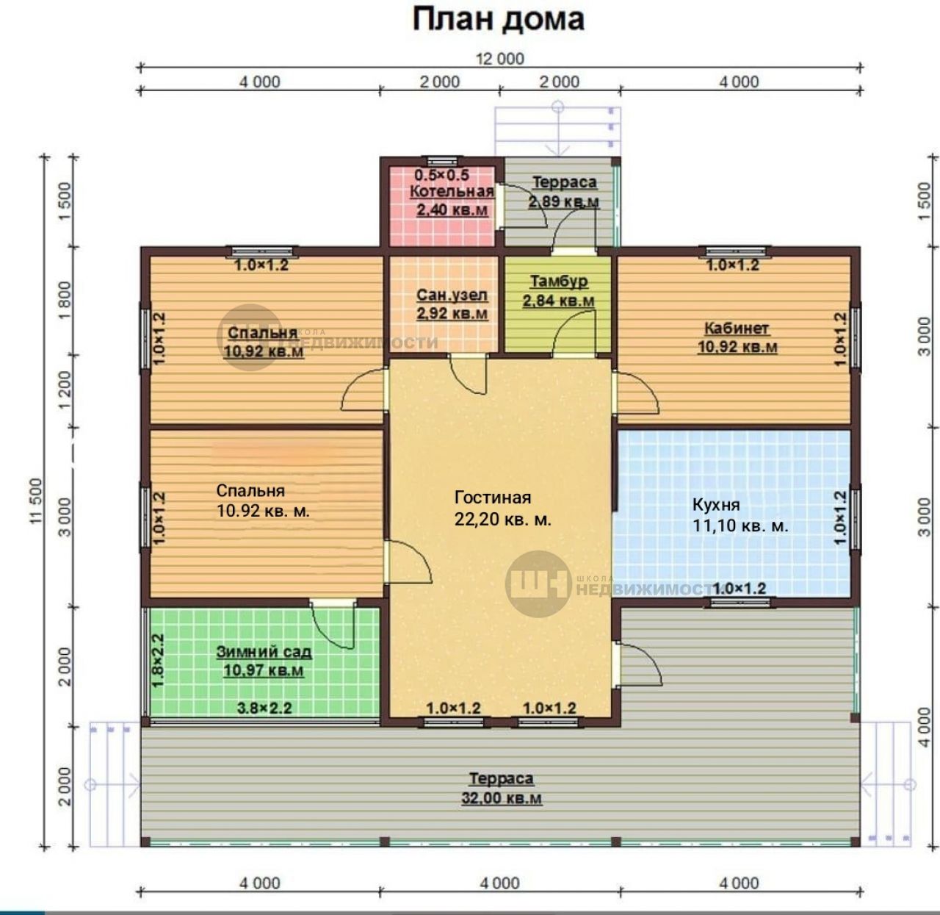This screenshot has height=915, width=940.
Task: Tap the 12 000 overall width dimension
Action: (500, 59)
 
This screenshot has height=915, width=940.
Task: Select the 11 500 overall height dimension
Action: (36, 501)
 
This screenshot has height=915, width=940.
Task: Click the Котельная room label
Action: (452, 191)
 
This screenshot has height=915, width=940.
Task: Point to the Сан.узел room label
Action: (452, 295)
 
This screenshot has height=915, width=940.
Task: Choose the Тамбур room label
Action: (559, 281)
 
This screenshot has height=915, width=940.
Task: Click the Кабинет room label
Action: (737, 329)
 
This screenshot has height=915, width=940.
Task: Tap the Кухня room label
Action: (716, 505)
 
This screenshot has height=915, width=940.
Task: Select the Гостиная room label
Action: (493, 497)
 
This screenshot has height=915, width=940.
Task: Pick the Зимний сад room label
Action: (264, 652)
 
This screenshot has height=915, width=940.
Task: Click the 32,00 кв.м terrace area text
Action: (502, 797)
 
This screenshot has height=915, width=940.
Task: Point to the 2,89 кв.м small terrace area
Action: (563, 201)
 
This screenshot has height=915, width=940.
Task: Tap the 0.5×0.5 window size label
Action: (441, 174)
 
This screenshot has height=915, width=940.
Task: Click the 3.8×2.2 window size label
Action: (264, 708)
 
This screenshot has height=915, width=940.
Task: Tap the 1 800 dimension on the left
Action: (64, 300)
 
